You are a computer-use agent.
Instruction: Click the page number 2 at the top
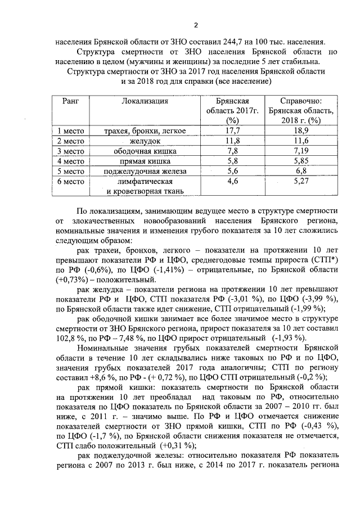(196, 24)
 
